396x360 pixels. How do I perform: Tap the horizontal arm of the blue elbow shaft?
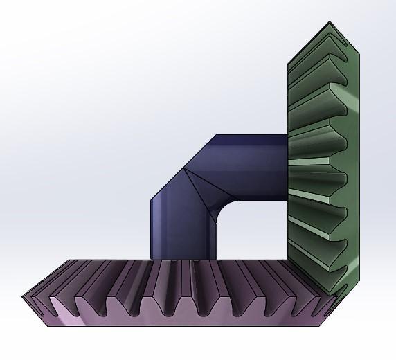(x=253, y=166)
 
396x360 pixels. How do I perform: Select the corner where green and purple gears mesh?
(x=334, y=294)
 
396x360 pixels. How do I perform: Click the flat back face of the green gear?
(x=353, y=159)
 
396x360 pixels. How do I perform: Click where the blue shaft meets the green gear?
(x=287, y=166)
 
